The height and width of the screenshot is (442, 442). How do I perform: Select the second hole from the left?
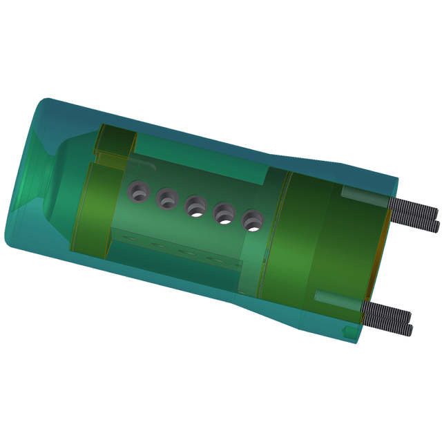(x=168, y=199)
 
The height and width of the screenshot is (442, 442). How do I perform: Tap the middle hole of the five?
(x=196, y=206)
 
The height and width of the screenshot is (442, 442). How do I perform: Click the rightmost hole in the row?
(x=253, y=221)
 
